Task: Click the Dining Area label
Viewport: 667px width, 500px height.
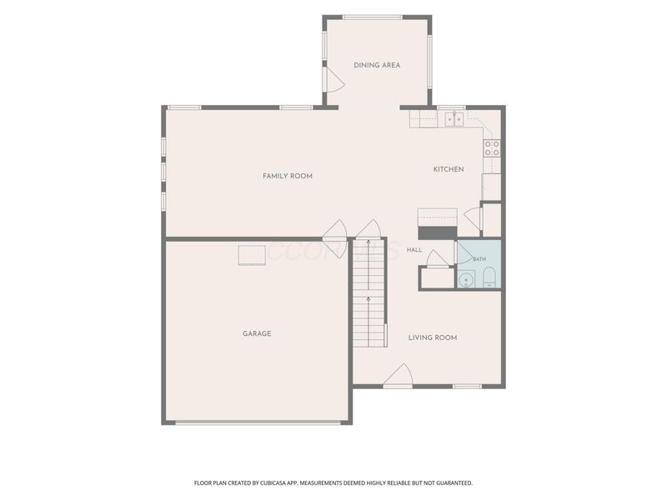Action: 377,65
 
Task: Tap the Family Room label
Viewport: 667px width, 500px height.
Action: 288,176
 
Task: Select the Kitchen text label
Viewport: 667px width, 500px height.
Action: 449,169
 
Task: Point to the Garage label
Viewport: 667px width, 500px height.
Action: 257,334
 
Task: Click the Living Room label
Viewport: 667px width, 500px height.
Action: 433,337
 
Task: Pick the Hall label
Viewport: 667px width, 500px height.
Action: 414,249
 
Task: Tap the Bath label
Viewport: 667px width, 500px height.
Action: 479,259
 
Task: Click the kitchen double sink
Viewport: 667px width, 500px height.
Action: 454,119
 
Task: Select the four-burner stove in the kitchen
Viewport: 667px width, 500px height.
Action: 492,148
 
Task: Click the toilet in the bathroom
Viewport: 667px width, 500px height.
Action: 489,277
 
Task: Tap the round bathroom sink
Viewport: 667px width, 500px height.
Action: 467,280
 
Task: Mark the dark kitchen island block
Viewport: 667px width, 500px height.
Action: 437,233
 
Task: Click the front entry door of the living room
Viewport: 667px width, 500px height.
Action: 399,377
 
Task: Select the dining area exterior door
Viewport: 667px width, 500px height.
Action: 333,79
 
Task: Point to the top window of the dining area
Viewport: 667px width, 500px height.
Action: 373,17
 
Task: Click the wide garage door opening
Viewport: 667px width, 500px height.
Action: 258,422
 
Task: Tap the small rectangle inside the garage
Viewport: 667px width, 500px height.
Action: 252,255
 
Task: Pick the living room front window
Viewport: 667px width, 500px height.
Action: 467,387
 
